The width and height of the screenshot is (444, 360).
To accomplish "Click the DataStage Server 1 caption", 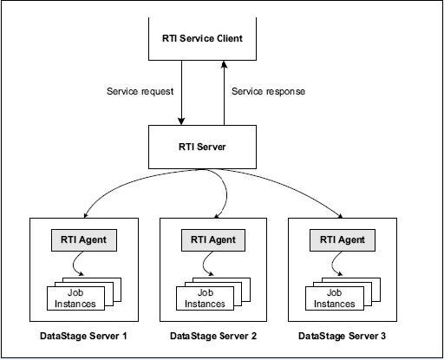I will point(82,336).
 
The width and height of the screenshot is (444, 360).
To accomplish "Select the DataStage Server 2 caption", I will point(212,336).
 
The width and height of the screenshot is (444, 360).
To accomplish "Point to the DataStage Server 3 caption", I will point(340,336).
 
